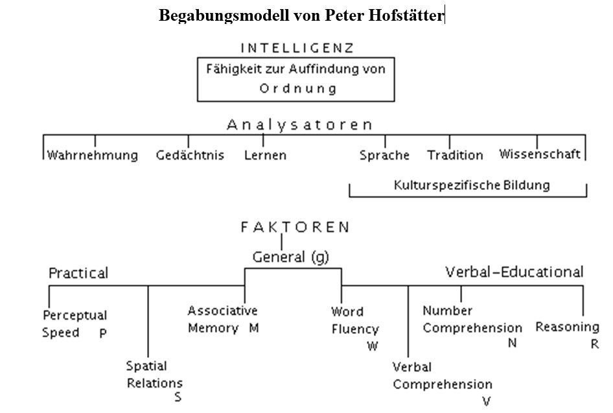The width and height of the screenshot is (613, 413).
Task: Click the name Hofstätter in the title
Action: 406,16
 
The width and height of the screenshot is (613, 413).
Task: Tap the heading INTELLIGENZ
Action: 297,48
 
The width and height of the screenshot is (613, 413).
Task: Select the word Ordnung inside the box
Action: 298,88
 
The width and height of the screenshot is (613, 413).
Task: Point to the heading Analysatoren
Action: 299,124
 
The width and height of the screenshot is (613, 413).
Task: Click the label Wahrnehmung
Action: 92,155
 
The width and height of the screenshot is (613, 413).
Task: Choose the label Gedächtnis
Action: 190,155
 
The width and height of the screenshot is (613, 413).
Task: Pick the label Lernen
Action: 265,155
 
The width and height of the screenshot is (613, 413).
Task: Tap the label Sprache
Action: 384,155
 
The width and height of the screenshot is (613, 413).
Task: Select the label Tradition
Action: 455,155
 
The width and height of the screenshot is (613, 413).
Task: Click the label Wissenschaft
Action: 540,154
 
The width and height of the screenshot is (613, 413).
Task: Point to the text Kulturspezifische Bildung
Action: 472,185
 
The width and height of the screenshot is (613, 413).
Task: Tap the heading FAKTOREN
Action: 295,227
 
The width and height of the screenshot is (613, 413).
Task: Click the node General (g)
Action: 291,257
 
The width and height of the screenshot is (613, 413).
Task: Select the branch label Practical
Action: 78,273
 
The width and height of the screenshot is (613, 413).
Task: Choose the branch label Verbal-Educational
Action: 515,272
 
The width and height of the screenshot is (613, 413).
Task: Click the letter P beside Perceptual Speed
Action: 103,333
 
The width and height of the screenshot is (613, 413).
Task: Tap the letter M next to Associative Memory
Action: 254,327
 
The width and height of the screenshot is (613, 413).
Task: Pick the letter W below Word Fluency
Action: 372,346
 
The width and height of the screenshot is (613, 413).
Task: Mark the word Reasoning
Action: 567,327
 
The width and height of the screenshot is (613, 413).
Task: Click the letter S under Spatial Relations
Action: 178,397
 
